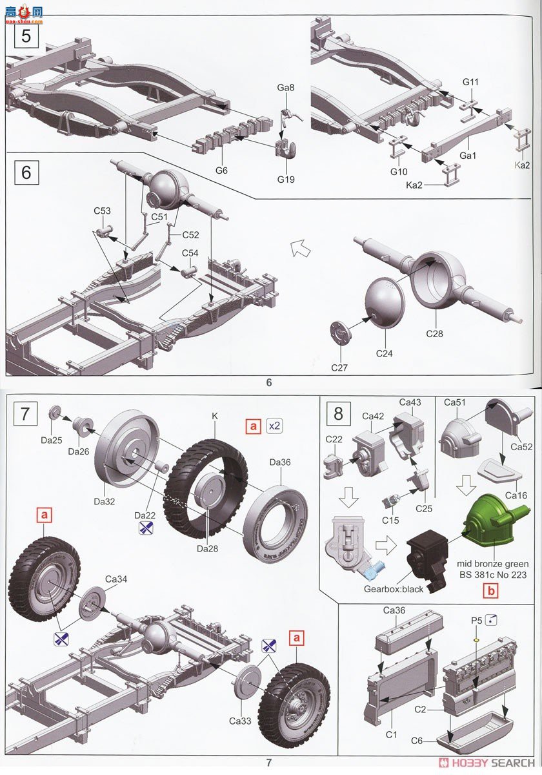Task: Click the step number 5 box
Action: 26,35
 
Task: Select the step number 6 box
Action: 26,172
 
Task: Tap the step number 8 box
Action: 339,413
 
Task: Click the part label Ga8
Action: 286,86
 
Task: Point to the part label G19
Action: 285,180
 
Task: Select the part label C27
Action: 340,367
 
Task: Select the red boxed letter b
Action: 492,590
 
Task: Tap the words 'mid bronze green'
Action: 494,564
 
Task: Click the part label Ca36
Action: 394,610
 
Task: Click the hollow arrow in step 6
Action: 298,247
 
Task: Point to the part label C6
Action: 417,741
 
